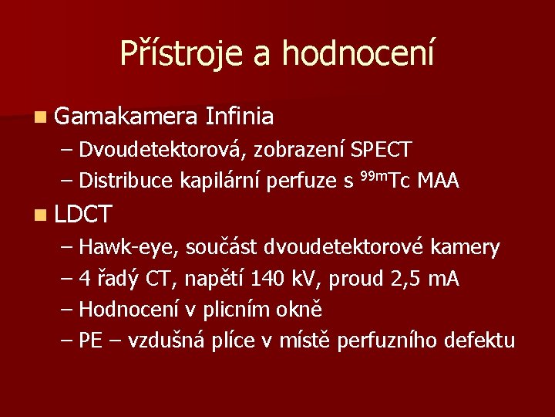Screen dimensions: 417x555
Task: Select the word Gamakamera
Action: click(126, 117)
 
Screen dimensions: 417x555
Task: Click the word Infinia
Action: click(240, 117)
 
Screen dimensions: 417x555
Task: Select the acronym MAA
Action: click(438, 181)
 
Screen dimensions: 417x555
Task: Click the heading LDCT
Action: click(84, 214)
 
